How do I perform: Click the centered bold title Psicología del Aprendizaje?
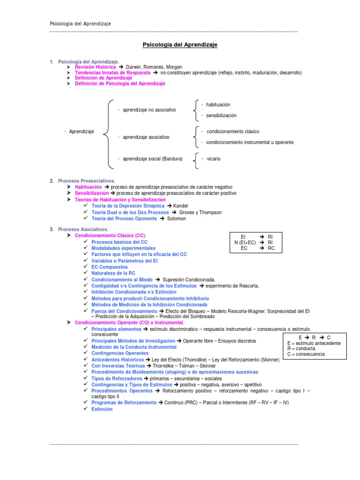click(x=180, y=45)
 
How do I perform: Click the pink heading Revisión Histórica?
click(x=95, y=67)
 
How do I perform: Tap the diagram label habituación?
click(x=218, y=105)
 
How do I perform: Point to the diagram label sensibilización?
click(x=221, y=115)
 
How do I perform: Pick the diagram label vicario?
click(x=214, y=159)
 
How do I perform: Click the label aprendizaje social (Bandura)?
click(x=152, y=159)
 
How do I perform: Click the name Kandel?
click(x=180, y=206)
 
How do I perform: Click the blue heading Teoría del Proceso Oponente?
click(x=124, y=218)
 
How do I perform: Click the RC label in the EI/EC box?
click(x=271, y=248)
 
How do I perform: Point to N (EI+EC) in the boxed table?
click(x=245, y=242)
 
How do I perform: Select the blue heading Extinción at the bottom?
click(x=102, y=409)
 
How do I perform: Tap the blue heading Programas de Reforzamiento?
click(x=124, y=403)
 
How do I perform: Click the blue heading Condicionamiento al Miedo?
click(x=122, y=279)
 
